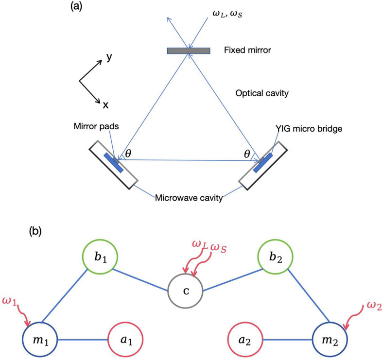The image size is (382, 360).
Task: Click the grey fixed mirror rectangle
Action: (189, 51)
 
